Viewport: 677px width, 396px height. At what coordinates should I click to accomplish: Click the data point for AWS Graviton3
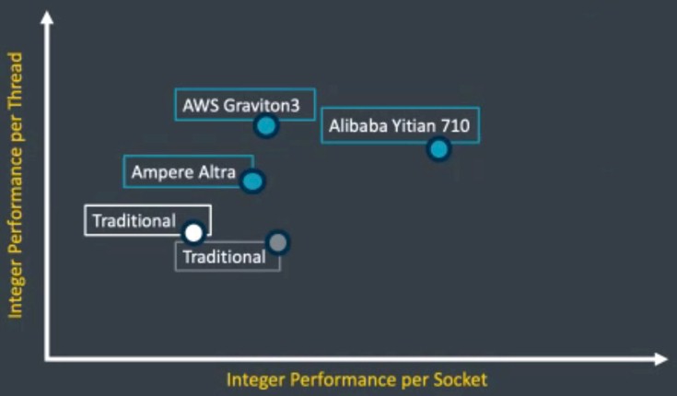[266, 126]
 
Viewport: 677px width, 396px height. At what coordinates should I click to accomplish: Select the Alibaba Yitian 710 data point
[438, 149]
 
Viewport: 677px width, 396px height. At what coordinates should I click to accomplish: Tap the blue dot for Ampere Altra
[252, 181]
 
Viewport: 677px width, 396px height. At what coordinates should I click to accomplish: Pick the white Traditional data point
[193, 233]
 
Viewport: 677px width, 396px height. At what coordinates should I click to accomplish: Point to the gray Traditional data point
[277, 242]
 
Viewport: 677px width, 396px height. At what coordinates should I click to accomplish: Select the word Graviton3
[262, 106]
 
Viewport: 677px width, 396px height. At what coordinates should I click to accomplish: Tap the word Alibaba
[358, 125]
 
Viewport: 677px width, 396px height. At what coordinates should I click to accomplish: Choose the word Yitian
[414, 125]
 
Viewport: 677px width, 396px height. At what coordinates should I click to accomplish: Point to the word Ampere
[163, 172]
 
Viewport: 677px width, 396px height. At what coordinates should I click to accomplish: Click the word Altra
[217, 172]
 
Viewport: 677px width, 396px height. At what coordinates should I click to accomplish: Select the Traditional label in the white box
[134, 221]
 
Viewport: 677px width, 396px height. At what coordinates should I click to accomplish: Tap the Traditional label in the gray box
[225, 257]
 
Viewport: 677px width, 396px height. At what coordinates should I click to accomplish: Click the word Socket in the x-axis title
[461, 380]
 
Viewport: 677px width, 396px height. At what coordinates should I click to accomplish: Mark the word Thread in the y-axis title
[16, 80]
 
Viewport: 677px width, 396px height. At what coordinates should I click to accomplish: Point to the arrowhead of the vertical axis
[47, 17]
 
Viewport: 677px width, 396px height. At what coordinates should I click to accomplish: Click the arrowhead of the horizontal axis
[661, 359]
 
